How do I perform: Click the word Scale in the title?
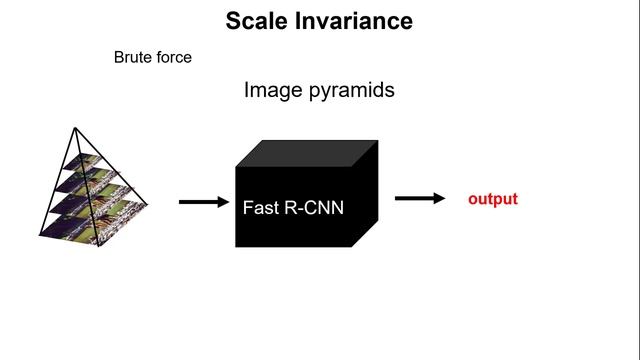tap(255, 20)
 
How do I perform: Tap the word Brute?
tap(133, 57)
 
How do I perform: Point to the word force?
tap(174, 57)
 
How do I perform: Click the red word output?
tap(493, 199)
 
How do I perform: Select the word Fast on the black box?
tap(260, 209)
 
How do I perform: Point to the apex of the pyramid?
tap(75, 128)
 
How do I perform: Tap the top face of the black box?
tap(306, 153)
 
